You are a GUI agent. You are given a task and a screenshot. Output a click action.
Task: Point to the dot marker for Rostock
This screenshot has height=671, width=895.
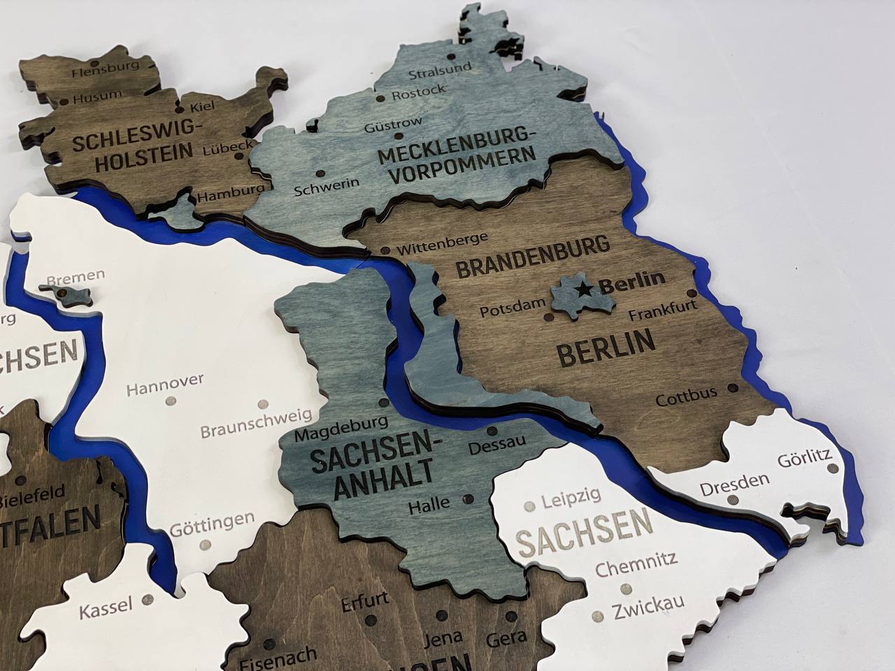[x=381, y=99]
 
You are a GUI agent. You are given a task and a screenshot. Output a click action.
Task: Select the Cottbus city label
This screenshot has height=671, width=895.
[x=686, y=396]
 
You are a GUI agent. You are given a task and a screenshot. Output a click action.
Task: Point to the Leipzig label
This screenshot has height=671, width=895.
[x=571, y=498]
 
